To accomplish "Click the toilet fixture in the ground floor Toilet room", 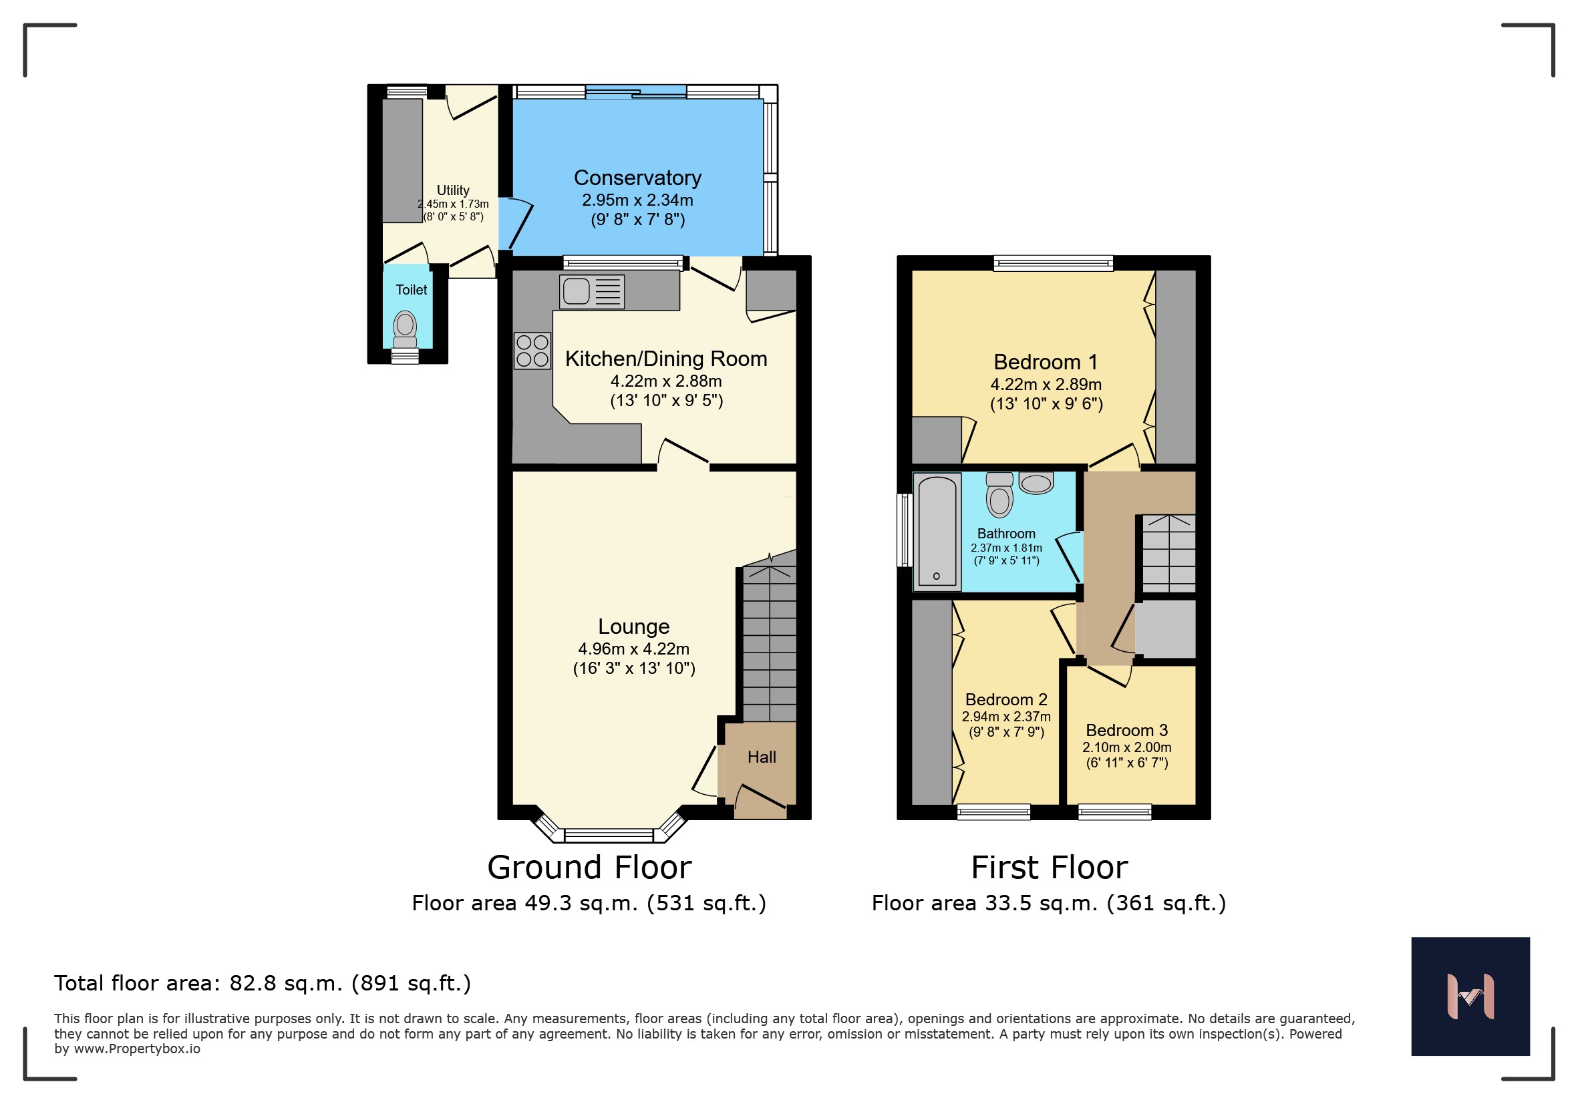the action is (x=405, y=330).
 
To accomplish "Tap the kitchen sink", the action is (x=592, y=291).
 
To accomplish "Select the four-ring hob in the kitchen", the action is (x=532, y=351).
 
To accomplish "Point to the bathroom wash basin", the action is (x=1036, y=484).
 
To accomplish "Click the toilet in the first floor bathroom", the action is (x=999, y=495).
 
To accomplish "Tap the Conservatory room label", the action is (x=638, y=178).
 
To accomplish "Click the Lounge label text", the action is (x=634, y=626).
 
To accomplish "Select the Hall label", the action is (x=762, y=757).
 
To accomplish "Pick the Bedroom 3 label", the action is (x=1126, y=730).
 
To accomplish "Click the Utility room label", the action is (x=453, y=190).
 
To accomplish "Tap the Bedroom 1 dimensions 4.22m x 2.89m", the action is (x=1046, y=385).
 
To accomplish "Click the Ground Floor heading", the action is (x=590, y=867).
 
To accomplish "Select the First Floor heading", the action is (x=1050, y=867).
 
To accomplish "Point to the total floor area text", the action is (x=263, y=984).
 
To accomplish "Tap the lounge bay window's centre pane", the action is (x=609, y=836).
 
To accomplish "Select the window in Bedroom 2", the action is (x=994, y=813).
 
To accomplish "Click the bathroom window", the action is (x=905, y=530).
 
